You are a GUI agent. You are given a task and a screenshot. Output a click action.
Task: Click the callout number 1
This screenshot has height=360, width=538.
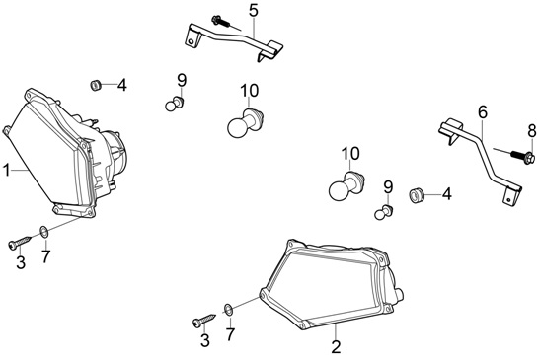7,171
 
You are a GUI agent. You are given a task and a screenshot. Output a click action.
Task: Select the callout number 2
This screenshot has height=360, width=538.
336,346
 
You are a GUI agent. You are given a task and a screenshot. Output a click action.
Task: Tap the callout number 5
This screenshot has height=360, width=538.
254,11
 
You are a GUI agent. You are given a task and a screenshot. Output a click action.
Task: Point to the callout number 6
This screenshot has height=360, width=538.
483,112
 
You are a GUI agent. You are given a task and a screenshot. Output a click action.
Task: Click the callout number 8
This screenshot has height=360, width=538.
531,130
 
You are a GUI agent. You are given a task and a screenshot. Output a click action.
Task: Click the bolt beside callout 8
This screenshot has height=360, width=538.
522,157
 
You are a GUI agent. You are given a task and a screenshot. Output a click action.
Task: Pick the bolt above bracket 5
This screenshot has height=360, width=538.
220,21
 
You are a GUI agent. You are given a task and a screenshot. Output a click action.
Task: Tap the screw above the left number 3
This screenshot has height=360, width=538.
20,242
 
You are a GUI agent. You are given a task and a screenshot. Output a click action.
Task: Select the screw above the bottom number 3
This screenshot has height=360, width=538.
204,320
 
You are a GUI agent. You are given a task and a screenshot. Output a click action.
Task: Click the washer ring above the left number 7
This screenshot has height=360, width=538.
44,232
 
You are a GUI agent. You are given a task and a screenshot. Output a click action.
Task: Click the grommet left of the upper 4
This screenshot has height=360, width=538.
95,85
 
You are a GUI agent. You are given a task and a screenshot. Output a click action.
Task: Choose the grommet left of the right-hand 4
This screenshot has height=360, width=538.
417,195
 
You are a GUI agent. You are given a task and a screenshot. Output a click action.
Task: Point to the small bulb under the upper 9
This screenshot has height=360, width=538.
175,104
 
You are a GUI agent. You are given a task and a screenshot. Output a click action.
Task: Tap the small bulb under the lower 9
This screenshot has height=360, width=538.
384,212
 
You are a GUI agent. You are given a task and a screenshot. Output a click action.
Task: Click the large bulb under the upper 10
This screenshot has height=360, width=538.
246,122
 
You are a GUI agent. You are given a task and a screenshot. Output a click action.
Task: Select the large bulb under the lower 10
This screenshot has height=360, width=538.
346,186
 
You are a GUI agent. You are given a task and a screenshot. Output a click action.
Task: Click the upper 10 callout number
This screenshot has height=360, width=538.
250,91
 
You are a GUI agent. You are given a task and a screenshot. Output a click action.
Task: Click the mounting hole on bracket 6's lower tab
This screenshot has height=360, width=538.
508,199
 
